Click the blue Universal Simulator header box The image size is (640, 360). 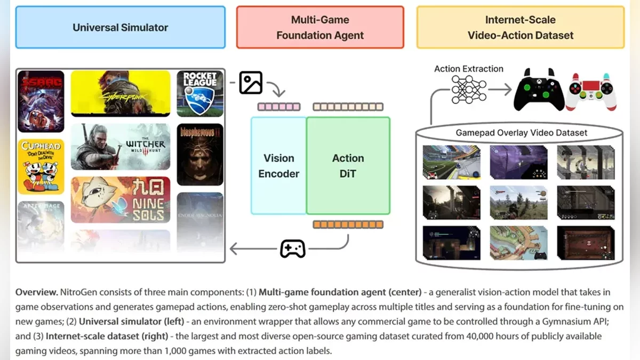(x=120, y=27)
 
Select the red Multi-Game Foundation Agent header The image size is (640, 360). (x=320, y=27)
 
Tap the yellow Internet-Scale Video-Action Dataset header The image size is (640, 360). (x=520, y=27)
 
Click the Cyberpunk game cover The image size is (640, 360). (x=121, y=93)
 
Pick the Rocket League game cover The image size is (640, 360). (x=200, y=93)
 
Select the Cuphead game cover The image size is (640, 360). (x=41, y=166)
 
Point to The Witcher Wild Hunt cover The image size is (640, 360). (x=121, y=147)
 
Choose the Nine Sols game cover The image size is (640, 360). (x=121, y=200)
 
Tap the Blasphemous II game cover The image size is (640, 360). (x=200, y=154)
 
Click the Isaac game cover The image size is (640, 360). (x=41, y=101)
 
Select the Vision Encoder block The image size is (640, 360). (x=278, y=165)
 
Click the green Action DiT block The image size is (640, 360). (x=348, y=165)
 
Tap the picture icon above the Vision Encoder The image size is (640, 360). (x=251, y=83)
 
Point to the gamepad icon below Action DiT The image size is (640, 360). (x=293, y=249)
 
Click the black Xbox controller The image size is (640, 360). (x=539, y=90)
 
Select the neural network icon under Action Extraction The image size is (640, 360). (x=469, y=89)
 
